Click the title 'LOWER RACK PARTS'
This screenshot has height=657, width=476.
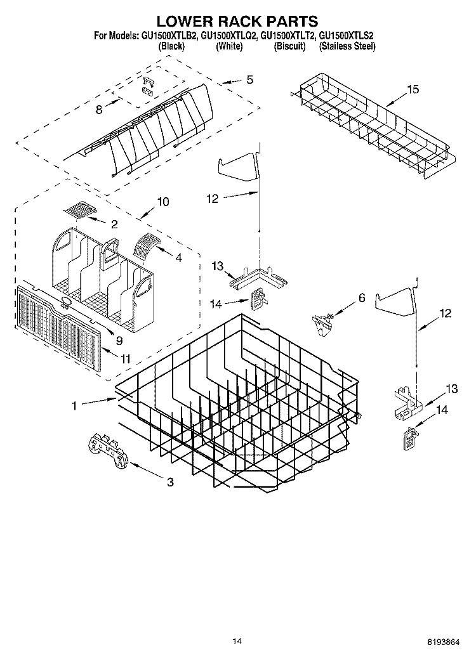pyautogui.click(x=237, y=23)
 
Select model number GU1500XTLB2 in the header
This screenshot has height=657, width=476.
pyautogui.click(x=166, y=37)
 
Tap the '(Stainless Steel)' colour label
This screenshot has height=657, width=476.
pyautogui.click(x=347, y=46)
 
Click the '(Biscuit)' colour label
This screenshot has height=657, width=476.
pyautogui.click(x=289, y=46)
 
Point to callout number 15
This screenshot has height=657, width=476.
pyautogui.click(x=413, y=89)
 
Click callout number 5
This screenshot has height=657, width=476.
pyautogui.click(x=249, y=80)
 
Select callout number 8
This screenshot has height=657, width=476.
pyautogui.click(x=99, y=110)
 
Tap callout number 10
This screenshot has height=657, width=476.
pyautogui.click(x=163, y=202)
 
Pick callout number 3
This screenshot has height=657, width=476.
pyautogui.click(x=170, y=483)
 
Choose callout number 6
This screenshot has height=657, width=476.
pyautogui.click(x=362, y=297)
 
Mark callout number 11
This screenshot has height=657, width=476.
pyautogui.click(x=126, y=359)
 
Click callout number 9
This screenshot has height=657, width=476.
pyautogui.click(x=119, y=340)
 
